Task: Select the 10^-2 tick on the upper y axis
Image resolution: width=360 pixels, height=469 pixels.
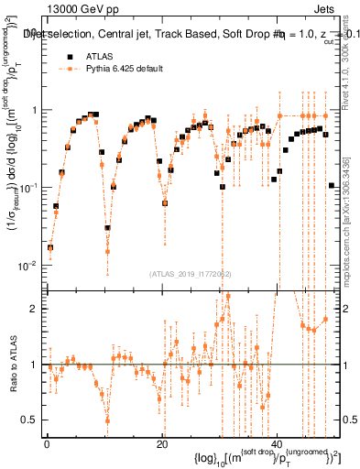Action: tap(28, 265)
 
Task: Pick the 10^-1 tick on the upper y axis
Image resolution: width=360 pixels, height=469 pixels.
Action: tap(28, 187)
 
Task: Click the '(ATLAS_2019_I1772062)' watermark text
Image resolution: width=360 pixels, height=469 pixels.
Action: tap(190, 273)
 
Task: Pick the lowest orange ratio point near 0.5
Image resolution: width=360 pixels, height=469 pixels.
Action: tap(108, 420)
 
